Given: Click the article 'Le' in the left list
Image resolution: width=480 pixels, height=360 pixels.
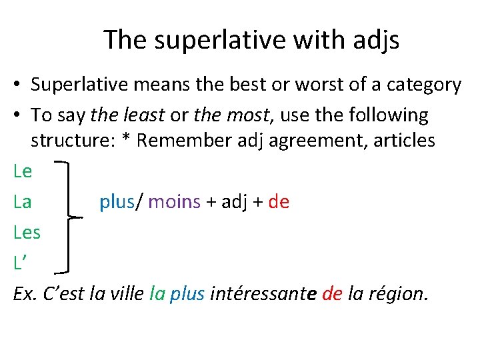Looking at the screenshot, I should pyautogui.click(x=22, y=171).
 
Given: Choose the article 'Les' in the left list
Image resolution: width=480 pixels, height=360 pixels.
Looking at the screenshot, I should pyautogui.click(x=27, y=233).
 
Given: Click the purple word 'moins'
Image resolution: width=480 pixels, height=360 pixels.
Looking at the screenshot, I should pyautogui.click(x=174, y=202).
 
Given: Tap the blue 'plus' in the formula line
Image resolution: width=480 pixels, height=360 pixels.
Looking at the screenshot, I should pyautogui.click(x=116, y=202).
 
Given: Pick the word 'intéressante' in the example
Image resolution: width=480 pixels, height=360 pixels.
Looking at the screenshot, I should pyautogui.click(x=263, y=294).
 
